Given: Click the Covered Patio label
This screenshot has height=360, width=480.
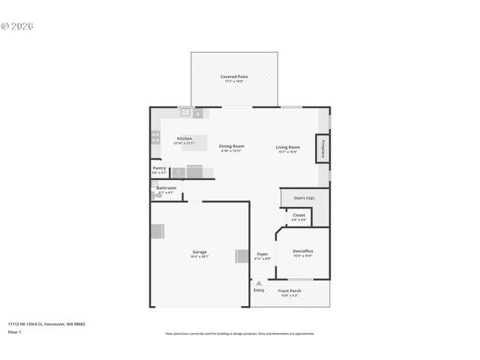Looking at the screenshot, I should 234,76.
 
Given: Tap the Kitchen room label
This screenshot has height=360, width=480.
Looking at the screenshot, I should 184,139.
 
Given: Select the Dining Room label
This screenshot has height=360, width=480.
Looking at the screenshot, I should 231,146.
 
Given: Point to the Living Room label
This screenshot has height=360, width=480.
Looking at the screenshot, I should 288,147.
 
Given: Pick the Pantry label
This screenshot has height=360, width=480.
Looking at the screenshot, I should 159,168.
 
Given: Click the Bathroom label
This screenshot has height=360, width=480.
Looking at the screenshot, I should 166,187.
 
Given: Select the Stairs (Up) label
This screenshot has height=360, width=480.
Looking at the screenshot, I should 304,198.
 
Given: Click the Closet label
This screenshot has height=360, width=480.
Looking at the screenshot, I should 298,214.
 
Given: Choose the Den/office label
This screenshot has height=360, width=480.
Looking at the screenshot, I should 302,251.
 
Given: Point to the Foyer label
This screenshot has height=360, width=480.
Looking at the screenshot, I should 262,254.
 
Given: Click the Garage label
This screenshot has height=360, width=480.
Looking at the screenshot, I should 199,252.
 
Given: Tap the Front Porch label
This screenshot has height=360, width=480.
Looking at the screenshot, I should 289,291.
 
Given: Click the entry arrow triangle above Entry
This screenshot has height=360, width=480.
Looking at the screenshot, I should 259,283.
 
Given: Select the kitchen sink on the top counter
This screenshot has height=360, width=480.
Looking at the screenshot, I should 184,112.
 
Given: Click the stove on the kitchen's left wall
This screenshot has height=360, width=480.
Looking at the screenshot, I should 155,137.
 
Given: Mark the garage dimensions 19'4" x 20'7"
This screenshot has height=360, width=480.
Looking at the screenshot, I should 199,256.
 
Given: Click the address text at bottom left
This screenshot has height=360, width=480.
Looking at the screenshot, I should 46,324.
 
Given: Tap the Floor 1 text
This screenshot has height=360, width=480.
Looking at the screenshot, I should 14,331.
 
